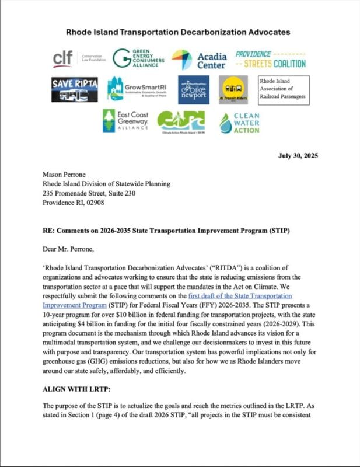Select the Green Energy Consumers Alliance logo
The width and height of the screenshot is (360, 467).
pos(138,58)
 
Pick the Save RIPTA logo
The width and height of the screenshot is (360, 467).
pos(74,89)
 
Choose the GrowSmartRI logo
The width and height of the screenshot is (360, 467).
pos(139,89)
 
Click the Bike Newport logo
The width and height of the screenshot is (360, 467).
pos(194,89)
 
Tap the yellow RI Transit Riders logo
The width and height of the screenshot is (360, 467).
pos(235,89)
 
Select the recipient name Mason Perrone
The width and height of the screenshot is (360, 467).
pos(66,174)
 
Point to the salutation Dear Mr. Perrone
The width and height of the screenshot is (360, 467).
pos(71,249)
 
